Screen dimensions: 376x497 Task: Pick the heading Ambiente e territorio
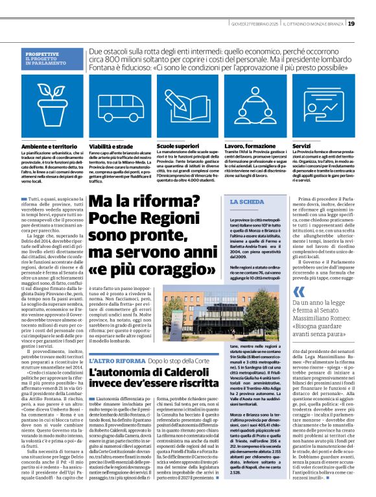tap(47, 147)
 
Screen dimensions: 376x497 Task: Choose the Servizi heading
tap(301, 147)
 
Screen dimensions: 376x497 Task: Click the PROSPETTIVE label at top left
tap(46, 53)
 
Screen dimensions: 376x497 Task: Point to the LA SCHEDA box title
tap(247, 185)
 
